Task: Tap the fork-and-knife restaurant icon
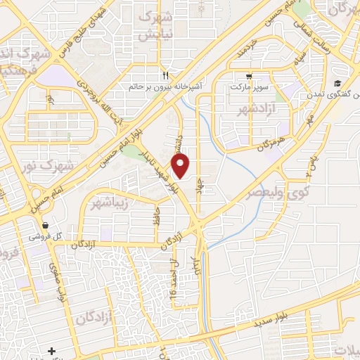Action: tap(165, 75)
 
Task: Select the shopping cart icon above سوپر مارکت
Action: tap(250, 77)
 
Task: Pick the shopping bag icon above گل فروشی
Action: tap(45, 226)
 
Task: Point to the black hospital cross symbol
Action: tap(51, 350)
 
